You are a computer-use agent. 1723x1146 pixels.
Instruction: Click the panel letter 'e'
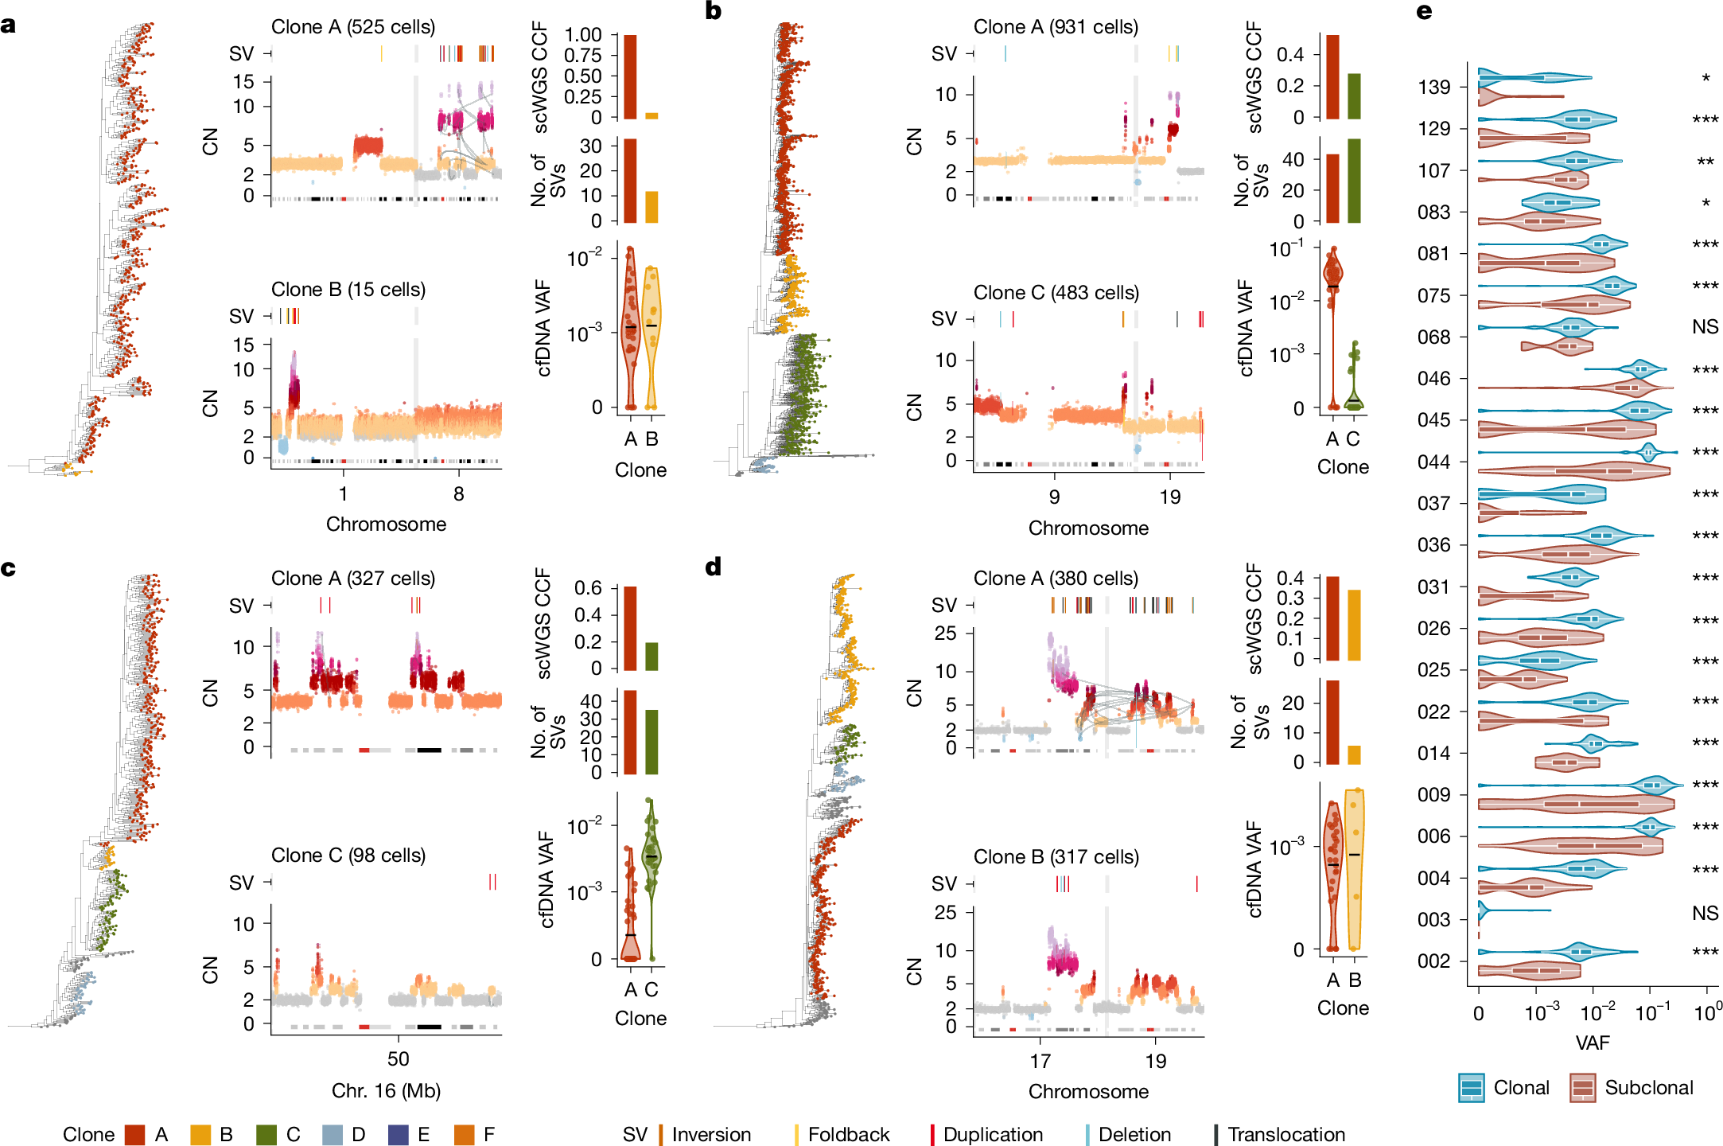1424,12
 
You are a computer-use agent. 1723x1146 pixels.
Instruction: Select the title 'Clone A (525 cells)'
353,27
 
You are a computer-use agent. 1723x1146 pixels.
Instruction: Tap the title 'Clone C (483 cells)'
1056,293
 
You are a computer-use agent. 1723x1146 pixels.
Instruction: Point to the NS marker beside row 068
1705,326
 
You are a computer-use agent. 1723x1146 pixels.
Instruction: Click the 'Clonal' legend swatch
1471,1088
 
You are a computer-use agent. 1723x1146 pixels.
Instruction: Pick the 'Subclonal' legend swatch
1582,1088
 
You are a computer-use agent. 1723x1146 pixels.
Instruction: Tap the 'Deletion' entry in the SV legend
1134,1134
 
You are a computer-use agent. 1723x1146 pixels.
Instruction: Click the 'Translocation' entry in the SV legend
1285,1134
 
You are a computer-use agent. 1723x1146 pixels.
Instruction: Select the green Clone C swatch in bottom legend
266,1134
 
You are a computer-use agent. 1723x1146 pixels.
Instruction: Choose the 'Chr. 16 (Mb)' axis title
386,1090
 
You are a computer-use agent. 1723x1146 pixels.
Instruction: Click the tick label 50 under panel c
398,1059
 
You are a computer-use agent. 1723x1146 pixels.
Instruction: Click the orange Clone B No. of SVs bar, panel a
651,207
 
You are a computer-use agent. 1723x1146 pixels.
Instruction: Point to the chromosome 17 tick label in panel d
1040,1061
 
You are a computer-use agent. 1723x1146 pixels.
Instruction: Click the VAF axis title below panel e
1592,1043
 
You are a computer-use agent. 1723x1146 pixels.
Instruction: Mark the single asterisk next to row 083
1705,204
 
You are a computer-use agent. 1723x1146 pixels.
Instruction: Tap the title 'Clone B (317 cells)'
1056,857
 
